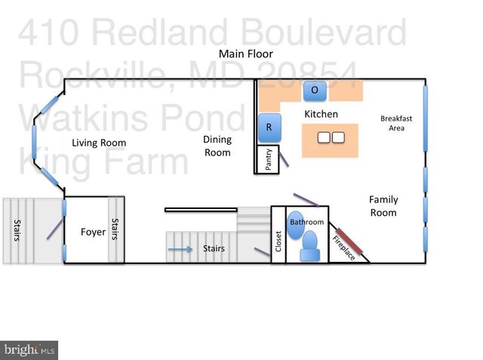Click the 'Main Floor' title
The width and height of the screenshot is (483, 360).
(246, 54)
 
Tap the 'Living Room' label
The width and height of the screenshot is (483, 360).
(99, 143)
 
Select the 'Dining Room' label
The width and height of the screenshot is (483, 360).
(217, 146)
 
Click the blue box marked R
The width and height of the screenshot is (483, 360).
(269, 128)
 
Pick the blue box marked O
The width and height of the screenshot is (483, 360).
(315, 91)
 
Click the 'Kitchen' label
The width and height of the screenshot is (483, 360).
(321, 114)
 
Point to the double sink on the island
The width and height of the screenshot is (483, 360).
(331, 138)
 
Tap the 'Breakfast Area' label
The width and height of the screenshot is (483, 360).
(396, 123)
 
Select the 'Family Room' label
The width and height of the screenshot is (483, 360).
(383, 206)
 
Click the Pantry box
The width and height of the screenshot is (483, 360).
(268, 160)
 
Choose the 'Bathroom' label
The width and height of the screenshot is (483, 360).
(307, 222)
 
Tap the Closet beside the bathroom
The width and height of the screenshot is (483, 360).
(278, 245)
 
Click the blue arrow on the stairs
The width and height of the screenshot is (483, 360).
(180, 248)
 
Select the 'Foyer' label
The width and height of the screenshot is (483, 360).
(93, 232)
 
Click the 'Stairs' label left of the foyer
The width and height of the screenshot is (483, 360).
(16, 231)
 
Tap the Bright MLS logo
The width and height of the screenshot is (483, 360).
(29, 349)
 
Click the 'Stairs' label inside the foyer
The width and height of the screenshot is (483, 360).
(115, 229)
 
